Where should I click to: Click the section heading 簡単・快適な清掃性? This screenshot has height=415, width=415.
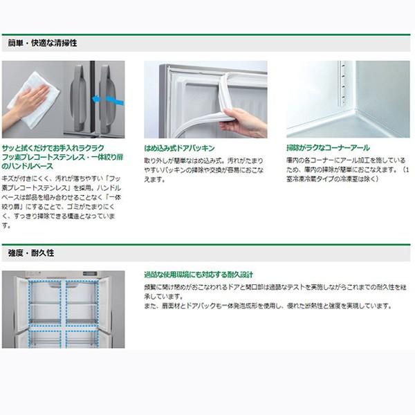pos(42,43)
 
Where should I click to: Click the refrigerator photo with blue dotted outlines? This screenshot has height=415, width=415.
pos(63,309)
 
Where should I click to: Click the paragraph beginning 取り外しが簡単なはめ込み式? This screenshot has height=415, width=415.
pos(205,169)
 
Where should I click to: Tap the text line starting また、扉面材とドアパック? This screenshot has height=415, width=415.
pos(268,306)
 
